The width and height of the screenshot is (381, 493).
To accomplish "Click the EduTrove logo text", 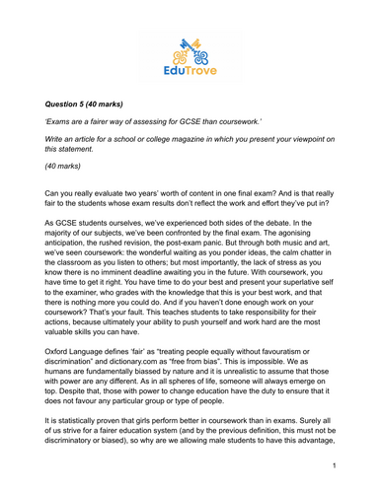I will tap(190, 70).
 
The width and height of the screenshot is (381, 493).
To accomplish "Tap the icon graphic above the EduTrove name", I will tap(190, 46).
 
